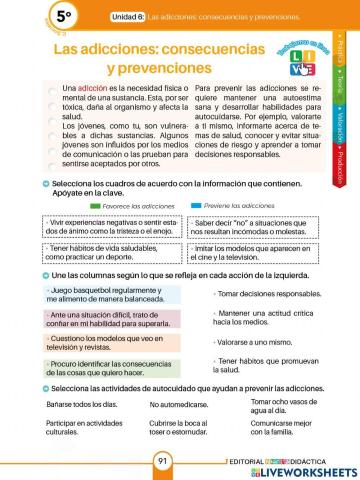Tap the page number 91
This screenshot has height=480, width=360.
click(163, 461)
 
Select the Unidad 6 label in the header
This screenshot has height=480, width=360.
click(128, 17)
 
